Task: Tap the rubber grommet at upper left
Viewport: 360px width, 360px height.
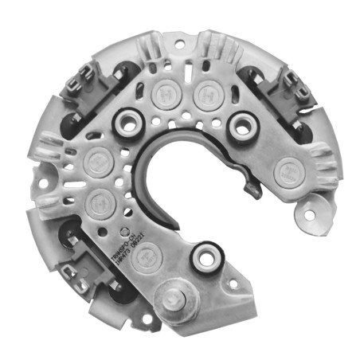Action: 126,123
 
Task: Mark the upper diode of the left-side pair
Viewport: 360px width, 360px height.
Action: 97,157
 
